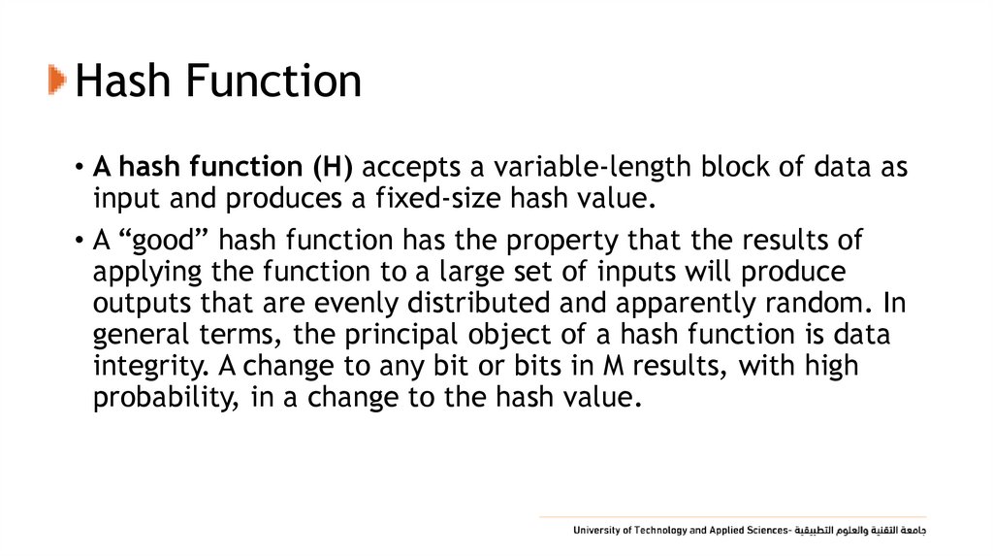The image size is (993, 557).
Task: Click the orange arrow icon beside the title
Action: pyautogui.click(x=58, y=81)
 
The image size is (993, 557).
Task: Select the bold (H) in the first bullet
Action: pyautogui.click(x=333, y=167)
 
